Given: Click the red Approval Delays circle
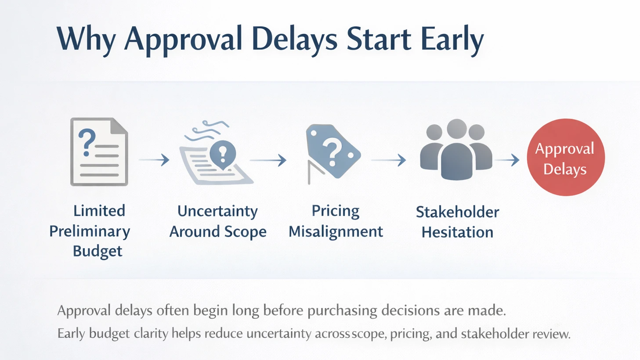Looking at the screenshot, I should click(565, 157).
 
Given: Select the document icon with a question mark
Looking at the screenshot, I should click(99, 152).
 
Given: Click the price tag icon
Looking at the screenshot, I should click(333, 152).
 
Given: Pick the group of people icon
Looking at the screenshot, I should click(456, 151).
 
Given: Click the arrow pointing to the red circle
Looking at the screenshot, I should click(508, 160).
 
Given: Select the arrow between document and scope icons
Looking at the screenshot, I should click(154, 160).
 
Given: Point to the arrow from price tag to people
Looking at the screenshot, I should click(389, 160).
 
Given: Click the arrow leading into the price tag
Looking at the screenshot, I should click(268, 160).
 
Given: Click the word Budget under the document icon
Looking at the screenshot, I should click(98, 251).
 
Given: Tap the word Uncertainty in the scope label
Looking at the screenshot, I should click(217, 211).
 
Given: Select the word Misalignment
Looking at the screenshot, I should click(336, 231).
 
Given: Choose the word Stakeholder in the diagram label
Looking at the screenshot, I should click(457, 212).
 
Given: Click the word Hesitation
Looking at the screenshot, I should click(457, 232).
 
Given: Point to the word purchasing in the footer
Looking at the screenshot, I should click(342, 311).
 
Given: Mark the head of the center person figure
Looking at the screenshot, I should click(456, 129).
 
